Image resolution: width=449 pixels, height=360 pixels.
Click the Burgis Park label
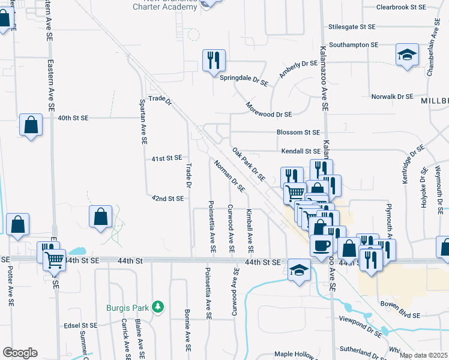coord(127,308)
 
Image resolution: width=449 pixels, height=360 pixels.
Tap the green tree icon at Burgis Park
coord(158,307)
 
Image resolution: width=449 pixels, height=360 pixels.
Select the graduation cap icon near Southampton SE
coord(408,55)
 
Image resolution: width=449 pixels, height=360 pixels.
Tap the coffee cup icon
coord(321,245)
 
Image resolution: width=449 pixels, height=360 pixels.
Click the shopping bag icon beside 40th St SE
coord(31,125)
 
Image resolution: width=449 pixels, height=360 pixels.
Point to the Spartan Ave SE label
coord(143,121)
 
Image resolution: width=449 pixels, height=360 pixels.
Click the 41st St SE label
coord(166,158)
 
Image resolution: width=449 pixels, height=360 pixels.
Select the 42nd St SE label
coord(167,198)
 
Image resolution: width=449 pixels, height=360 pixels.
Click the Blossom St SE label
coord(298,132)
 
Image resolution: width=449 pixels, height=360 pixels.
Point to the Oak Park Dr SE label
coord(249,164)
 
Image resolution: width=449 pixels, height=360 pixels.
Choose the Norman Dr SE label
coord(229,175)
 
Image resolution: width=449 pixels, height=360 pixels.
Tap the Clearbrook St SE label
coord(401,7)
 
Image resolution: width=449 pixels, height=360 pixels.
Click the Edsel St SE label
coord(80,325)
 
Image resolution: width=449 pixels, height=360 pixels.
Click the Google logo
coord(20,353)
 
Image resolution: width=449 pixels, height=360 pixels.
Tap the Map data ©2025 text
coord(423,355)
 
